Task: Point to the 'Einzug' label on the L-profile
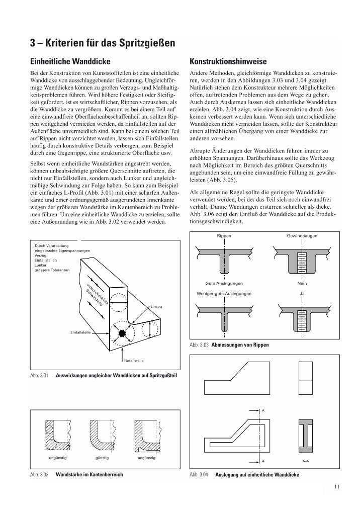click(156, 306)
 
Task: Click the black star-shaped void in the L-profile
click(123, 333)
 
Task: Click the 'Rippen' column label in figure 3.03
click(224, 235)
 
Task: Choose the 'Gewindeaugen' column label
click(302, 235)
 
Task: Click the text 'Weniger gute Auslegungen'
click(224, 293)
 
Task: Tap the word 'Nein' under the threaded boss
click(302, 283)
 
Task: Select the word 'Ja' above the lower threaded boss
click(302, 293)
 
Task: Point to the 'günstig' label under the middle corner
click(102, 459)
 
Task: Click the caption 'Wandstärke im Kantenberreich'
click(89, 474)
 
